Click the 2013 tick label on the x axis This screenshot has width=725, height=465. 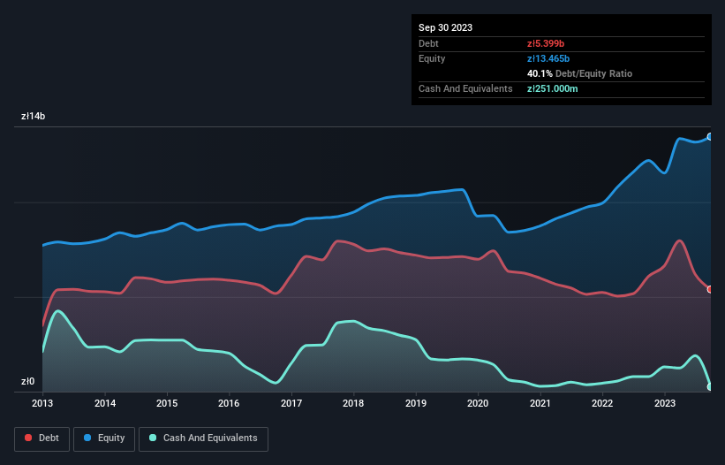pos(42,403)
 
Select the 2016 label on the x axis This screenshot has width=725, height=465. pos(230,403)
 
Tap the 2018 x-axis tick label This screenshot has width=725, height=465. pos(353,403)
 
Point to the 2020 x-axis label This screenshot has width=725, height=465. pos(478,403)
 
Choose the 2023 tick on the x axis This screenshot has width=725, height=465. pos(664,403)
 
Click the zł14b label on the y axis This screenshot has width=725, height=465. pos(34,117)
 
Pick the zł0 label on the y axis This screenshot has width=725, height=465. pos(28,382)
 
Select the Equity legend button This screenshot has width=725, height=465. pos(104,438)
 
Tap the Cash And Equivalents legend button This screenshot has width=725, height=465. pos(203,438)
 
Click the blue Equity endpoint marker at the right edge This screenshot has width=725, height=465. pos(710,137)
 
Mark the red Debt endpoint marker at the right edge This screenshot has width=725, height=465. pos(710,289)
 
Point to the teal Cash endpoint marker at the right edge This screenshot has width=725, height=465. pos(710,386)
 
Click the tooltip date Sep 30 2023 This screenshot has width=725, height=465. pos(445,27)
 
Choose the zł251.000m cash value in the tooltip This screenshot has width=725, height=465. pos(552,88)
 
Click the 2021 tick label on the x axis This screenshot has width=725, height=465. pos(540,403)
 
